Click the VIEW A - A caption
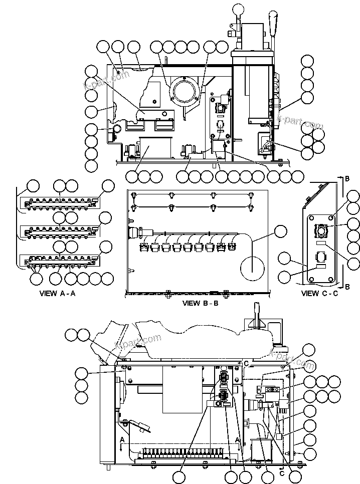(57, 294)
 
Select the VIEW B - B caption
(200, 303)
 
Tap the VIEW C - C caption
(319, 294)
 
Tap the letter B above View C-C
(347, 178)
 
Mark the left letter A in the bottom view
(122, 439)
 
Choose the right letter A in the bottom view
(238, 439)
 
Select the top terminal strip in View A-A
(58, 203)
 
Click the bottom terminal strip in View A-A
(58, 260)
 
